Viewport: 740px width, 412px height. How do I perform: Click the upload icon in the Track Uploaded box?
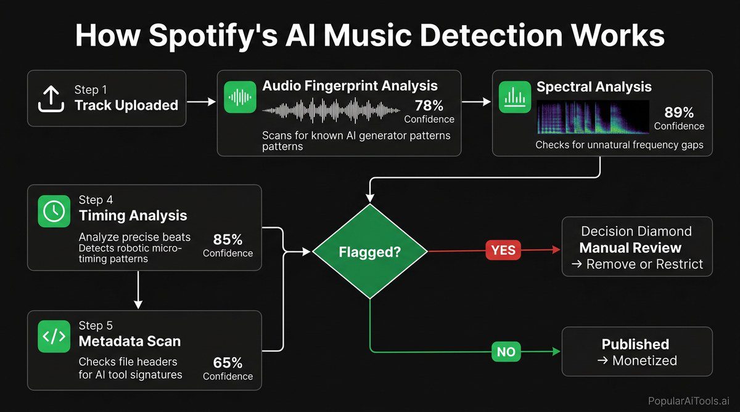51,99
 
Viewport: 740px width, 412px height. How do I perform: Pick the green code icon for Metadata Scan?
54,336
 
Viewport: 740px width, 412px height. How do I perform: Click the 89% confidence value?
678,113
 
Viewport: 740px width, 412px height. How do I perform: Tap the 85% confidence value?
228,240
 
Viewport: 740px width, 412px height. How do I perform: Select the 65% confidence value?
228,363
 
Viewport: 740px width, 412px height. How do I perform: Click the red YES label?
504,250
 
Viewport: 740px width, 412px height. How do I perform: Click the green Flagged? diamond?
369,251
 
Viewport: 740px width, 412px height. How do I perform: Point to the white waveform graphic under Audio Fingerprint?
331,111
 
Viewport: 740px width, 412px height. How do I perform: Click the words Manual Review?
630,248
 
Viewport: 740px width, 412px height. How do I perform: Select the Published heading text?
635,344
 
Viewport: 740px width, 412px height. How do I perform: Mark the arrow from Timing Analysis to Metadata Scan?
138,289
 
